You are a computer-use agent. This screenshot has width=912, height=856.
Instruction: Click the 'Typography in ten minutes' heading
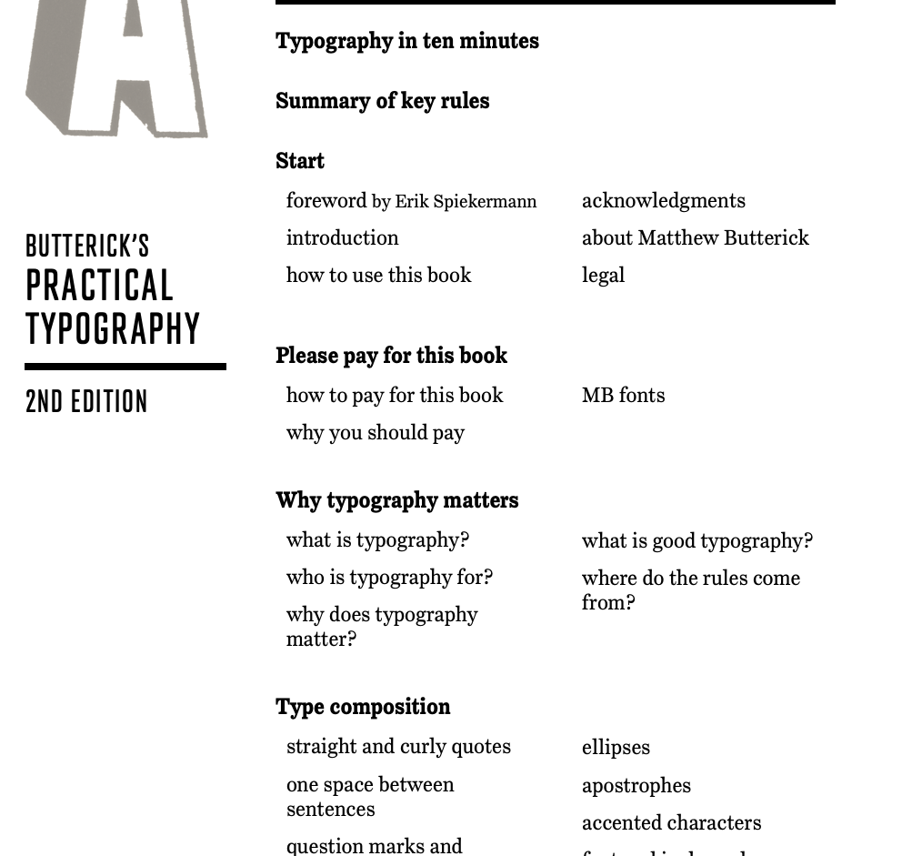pos(406,41)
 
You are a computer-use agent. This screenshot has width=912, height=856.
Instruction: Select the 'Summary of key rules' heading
pos(382,101)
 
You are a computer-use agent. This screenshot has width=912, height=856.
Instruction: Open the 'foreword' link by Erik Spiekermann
pos(326,200)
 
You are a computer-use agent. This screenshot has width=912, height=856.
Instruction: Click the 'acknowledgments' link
pos(663,200)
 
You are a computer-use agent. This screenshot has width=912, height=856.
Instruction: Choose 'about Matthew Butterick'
pos(695,237)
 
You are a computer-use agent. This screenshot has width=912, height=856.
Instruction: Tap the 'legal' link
pos(603,275)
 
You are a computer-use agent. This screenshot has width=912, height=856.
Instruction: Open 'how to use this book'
pos(378,275)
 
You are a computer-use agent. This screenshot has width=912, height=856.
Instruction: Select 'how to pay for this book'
pos(394,395)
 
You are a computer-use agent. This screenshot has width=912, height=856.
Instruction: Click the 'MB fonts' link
pos(623,395)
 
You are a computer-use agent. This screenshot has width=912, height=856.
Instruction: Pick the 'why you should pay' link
pos(375,432)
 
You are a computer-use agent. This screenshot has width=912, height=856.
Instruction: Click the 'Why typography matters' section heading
pos(396,500)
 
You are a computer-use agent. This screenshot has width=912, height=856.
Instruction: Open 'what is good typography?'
pos(697,540)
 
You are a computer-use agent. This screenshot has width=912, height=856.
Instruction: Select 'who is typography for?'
pos(389,577)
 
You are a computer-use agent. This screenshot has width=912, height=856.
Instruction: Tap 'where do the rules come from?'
pos(690,589)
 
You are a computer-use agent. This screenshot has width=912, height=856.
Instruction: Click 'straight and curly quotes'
pos(398,747)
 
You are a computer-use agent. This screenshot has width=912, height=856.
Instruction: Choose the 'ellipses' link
pos(616,748)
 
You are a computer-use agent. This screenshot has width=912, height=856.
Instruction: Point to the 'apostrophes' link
pos(636,785)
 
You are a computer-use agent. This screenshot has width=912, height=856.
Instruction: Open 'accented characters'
pos(671,822)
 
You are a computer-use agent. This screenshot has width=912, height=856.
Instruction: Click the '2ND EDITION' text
pos(86,402)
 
